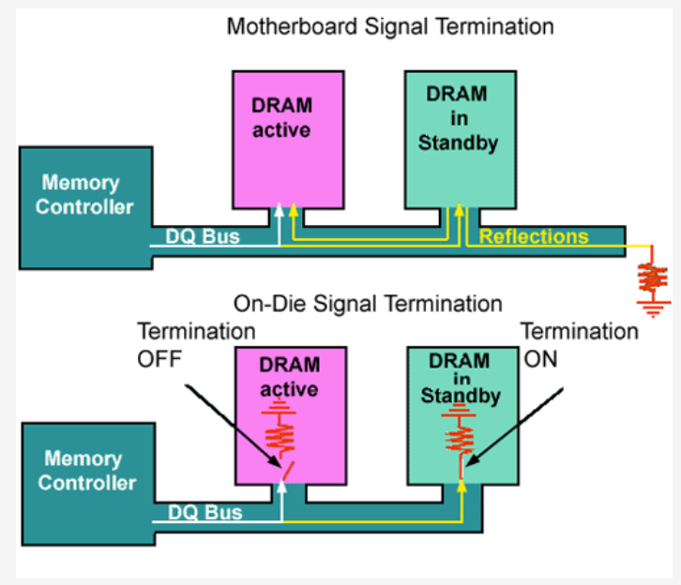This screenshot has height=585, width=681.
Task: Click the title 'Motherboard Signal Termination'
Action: click(389, 25)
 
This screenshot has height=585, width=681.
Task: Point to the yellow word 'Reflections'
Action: click(534, 236)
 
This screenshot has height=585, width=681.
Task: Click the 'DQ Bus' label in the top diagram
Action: click(203, 237)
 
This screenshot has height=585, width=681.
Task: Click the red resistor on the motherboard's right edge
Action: click(651, 277)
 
